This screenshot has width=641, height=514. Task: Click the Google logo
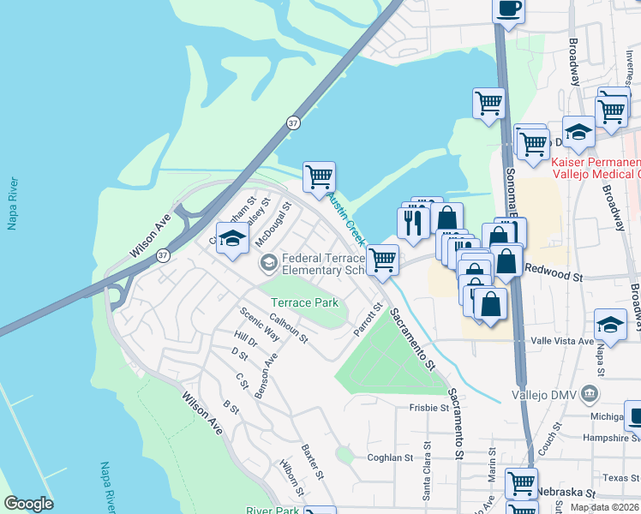[28, 504]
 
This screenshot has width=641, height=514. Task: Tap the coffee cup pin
[509, 9]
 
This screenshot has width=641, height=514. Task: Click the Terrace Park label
[304, 302]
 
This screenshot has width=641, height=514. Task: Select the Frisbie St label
[429, 408]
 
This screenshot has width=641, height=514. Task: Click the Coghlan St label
[390, 457]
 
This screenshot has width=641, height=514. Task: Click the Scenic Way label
[260, 323]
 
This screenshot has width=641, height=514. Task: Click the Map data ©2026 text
[604, 507]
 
